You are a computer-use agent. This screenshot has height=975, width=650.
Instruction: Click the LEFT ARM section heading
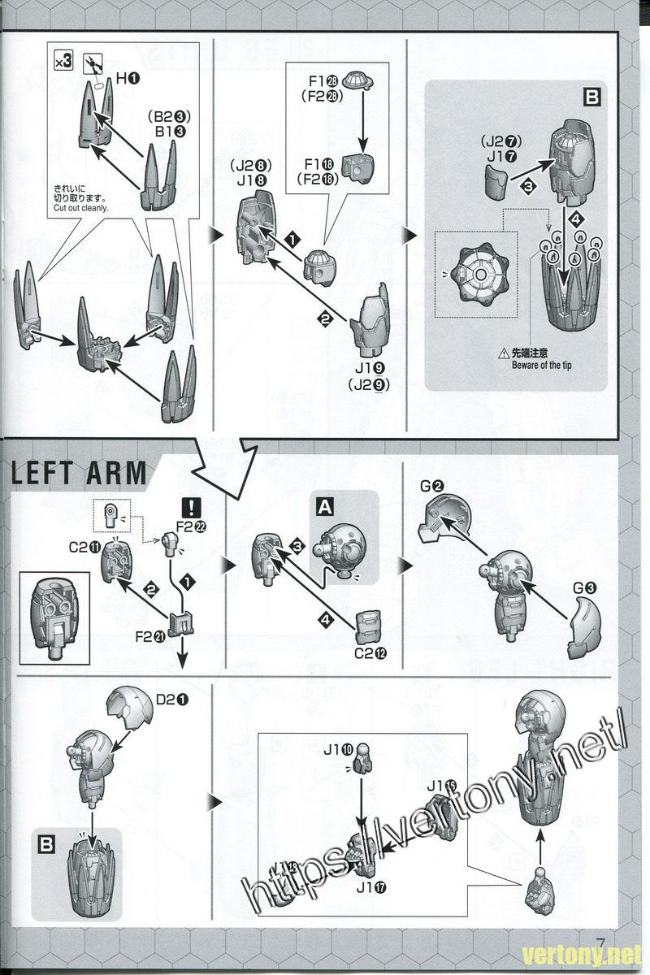80,473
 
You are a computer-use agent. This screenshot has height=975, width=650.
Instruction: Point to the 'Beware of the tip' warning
541,365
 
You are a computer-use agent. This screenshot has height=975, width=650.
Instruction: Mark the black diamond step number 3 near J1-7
528,186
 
